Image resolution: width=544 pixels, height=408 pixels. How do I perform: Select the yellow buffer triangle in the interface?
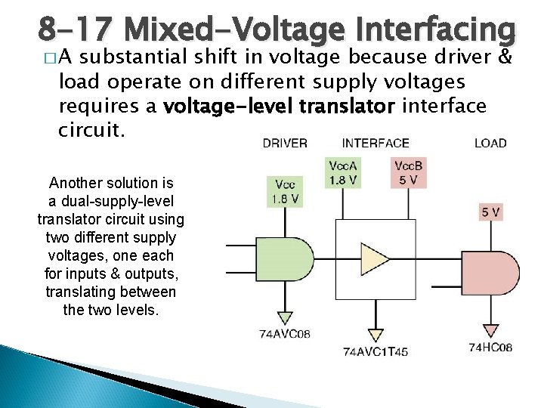pos(375,258)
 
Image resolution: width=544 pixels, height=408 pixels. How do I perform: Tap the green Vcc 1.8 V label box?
pos(286,192)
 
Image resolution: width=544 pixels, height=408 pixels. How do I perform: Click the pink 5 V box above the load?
pos(490,213)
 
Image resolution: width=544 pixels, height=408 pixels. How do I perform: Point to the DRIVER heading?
pos(285,143)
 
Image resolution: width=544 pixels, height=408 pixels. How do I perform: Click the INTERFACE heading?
pos(376,143)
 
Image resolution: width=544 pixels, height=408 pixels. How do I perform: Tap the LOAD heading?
pos(490,143)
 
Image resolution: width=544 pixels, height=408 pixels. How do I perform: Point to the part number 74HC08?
pos(490,347)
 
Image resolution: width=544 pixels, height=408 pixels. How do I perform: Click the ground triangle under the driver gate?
pos(285,316)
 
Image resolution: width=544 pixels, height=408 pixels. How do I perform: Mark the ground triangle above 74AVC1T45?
pos(375,332)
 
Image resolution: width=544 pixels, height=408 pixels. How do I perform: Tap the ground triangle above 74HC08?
pos(491,329)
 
